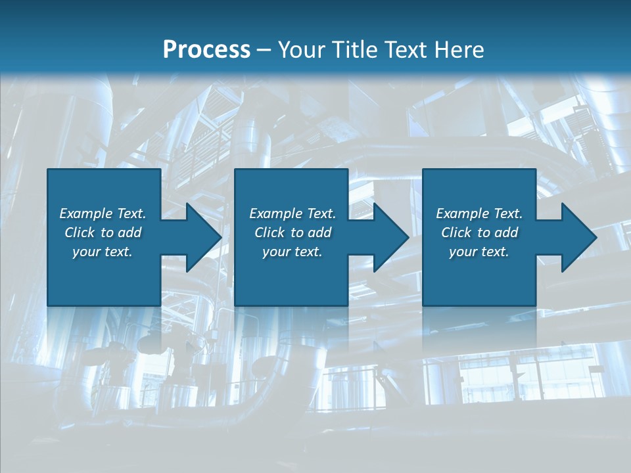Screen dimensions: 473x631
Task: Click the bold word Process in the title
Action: pos(206,50)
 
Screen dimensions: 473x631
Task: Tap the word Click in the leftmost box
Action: pos(80,233)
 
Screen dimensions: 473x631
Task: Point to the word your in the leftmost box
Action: pos(86,252)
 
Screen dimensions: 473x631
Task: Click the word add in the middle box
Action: pos(319,233)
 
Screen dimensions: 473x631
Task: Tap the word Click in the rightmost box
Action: pos(456,233)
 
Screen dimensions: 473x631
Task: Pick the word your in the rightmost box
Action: pos(463,252)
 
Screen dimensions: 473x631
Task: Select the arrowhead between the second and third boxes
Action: pos(390,237)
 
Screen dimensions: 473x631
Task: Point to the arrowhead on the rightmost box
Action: pos(578,237)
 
